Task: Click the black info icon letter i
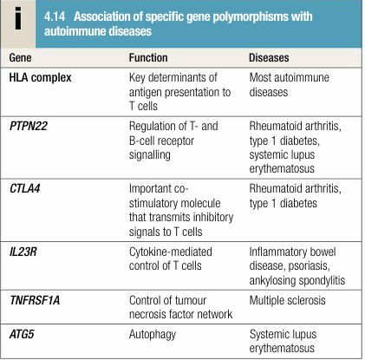point(18,18)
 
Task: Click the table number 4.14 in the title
point(55,16)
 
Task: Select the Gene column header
point(20,57)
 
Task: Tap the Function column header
point(148,57)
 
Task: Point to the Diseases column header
point(269,57)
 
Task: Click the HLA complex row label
point(40,77)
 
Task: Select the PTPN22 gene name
point(29,126)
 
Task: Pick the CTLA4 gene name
point(25,188)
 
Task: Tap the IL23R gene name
point(23,252)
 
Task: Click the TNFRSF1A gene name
point(35,300)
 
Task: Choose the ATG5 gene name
point(22,334)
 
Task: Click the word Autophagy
point(153,335)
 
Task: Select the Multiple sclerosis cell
point(287,300)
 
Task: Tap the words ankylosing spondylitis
point(297,281)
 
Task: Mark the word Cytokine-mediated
point(171,252)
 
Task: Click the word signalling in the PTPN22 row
point(149,155)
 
